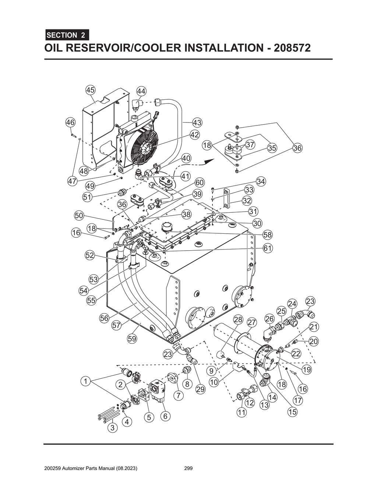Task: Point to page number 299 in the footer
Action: coord(188,468)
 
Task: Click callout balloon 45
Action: coord(90,90)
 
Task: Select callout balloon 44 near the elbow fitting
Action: coord(141,91)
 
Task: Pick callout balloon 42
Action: coord(194,135)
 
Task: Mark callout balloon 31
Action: coord(253,211)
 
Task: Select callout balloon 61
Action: coord(268,248)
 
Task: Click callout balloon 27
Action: coord(251,323)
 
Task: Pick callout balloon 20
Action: coord(313,342)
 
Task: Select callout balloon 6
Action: coord(165,416)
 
